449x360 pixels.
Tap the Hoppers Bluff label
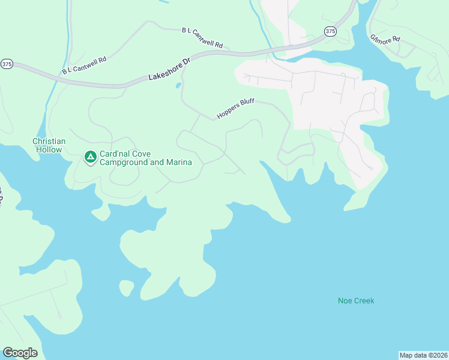236,109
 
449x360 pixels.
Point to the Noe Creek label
356,301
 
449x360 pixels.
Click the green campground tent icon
90,157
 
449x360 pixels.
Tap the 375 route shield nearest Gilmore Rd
330,31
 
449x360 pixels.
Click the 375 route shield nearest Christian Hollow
7,64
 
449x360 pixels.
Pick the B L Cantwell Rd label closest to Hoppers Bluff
202,37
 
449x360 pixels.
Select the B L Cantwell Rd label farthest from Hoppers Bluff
84,65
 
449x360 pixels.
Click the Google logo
20,353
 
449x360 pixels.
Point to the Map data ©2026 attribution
423,355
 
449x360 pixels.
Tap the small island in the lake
126,288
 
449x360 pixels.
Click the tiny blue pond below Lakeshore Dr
178,86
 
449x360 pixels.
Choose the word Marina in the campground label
179,163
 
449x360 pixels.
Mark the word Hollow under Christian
49,149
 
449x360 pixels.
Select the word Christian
49,141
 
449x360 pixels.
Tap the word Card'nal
115,154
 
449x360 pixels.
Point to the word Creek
364,301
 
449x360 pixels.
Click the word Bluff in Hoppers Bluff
246,104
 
